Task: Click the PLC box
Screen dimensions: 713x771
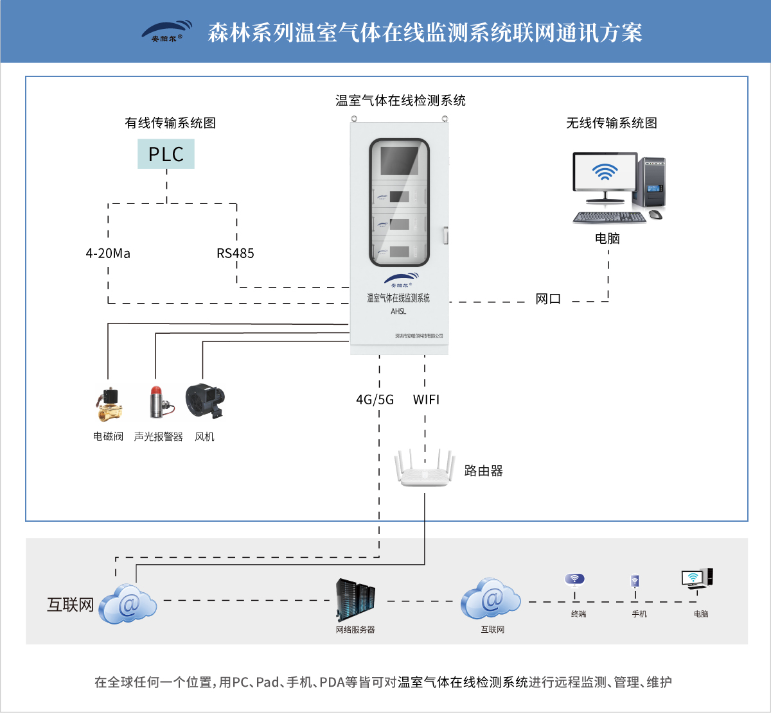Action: pyautogui.click(x=166, y=154)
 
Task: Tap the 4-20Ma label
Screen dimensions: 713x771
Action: pyautogui.click(x=108, y=253)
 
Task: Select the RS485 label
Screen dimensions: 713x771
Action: pyautogui.click(x=235, y=253)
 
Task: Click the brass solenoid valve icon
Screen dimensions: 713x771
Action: pyautogui.click(x=109, y=404)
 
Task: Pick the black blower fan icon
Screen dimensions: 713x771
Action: pyautogui.click(x=204, y=401)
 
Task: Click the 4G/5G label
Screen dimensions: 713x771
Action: pyautogui.click(x=375, y=400)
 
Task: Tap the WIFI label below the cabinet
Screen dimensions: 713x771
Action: pyautogui.click(x=426, y=400)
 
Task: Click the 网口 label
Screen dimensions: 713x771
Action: pyautogui.click(x=548, y=299)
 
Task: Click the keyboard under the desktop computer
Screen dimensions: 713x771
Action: pyautogui.click(x=609, y=218)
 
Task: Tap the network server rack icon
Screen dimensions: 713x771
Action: pyautogui.click(x=355, y=600)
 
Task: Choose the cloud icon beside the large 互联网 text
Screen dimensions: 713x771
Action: pyautogui.click(x=128, y=604)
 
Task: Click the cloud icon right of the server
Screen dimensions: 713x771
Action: pyautogui.click(x=490, y=599)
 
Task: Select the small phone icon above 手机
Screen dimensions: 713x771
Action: pyautogui.click(x=635, y=581)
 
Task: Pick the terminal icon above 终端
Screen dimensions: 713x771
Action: pyautogui.click(x=574, y=580)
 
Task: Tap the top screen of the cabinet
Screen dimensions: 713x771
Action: pyautogui.click(x=399, y=160)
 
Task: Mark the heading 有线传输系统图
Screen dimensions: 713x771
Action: pyautogui.click(x=170, y=123)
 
